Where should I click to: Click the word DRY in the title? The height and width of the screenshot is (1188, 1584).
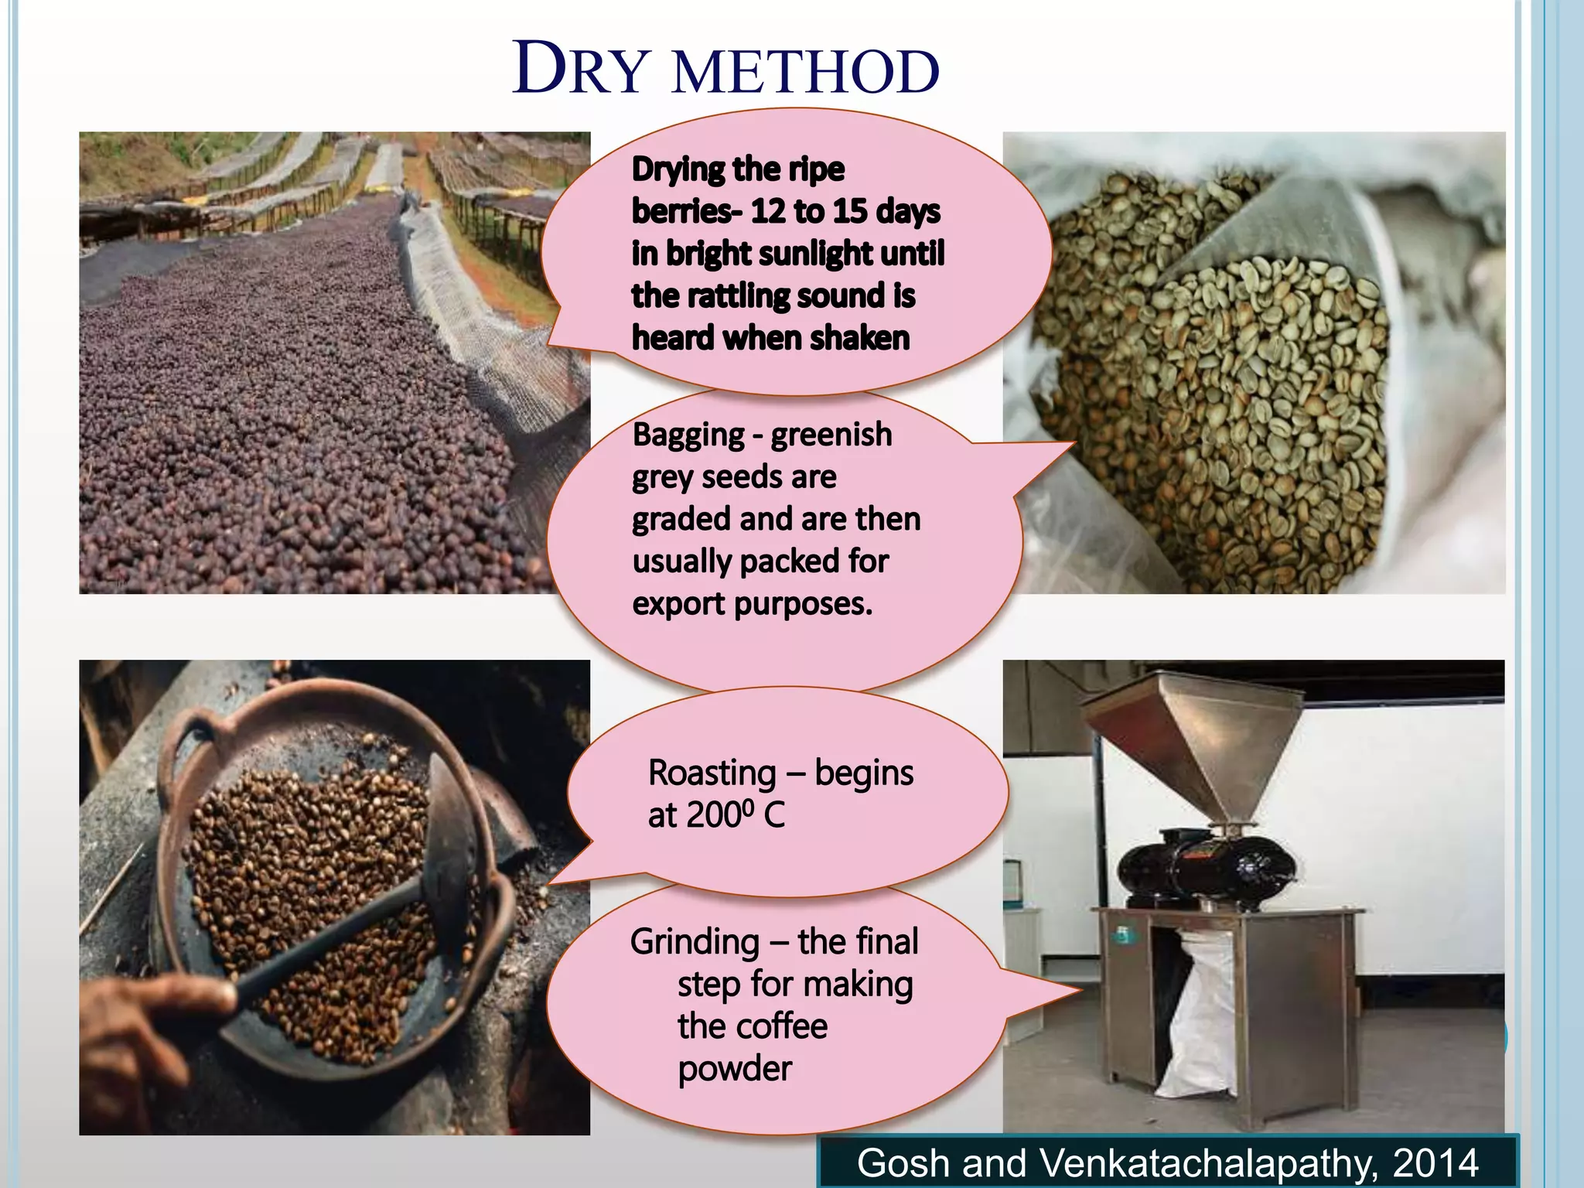coord(580,70)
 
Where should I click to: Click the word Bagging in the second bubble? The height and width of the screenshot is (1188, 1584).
coord(688,435)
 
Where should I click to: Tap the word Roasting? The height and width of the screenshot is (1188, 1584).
coord(712,773)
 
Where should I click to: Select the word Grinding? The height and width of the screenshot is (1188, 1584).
coord(695,942)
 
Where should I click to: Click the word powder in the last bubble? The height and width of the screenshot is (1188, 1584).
coord(735,1069)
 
